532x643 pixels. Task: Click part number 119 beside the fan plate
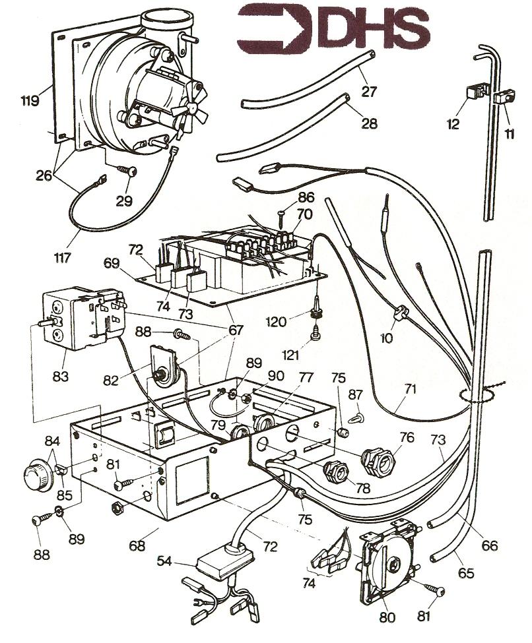point(28,101)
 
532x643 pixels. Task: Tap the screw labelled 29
point(129,170)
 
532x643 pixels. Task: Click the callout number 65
point(466,574)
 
